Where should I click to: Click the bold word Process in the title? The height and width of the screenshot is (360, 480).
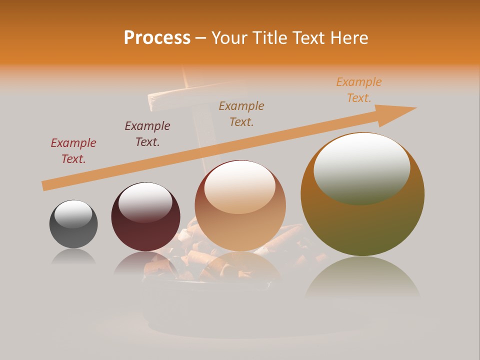(157, 38)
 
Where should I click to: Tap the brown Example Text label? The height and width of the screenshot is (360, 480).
(241, 114)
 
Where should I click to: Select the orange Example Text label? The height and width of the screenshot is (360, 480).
(359, 90)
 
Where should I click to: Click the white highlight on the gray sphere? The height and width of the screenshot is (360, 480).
(73, 214)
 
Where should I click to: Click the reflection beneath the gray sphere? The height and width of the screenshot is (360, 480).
(73, 257)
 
